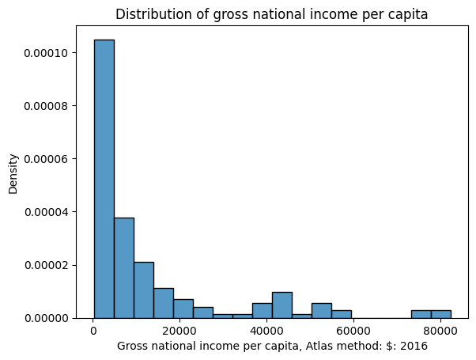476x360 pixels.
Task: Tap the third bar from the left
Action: (x=143, y=290)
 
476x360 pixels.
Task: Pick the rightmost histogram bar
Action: (x=440, y=314)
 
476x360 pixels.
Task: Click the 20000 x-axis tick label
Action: (x=180, y=331)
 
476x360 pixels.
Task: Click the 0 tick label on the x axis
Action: (x=94, y=331)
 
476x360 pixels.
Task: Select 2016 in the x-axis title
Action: (x=414, y=346)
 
